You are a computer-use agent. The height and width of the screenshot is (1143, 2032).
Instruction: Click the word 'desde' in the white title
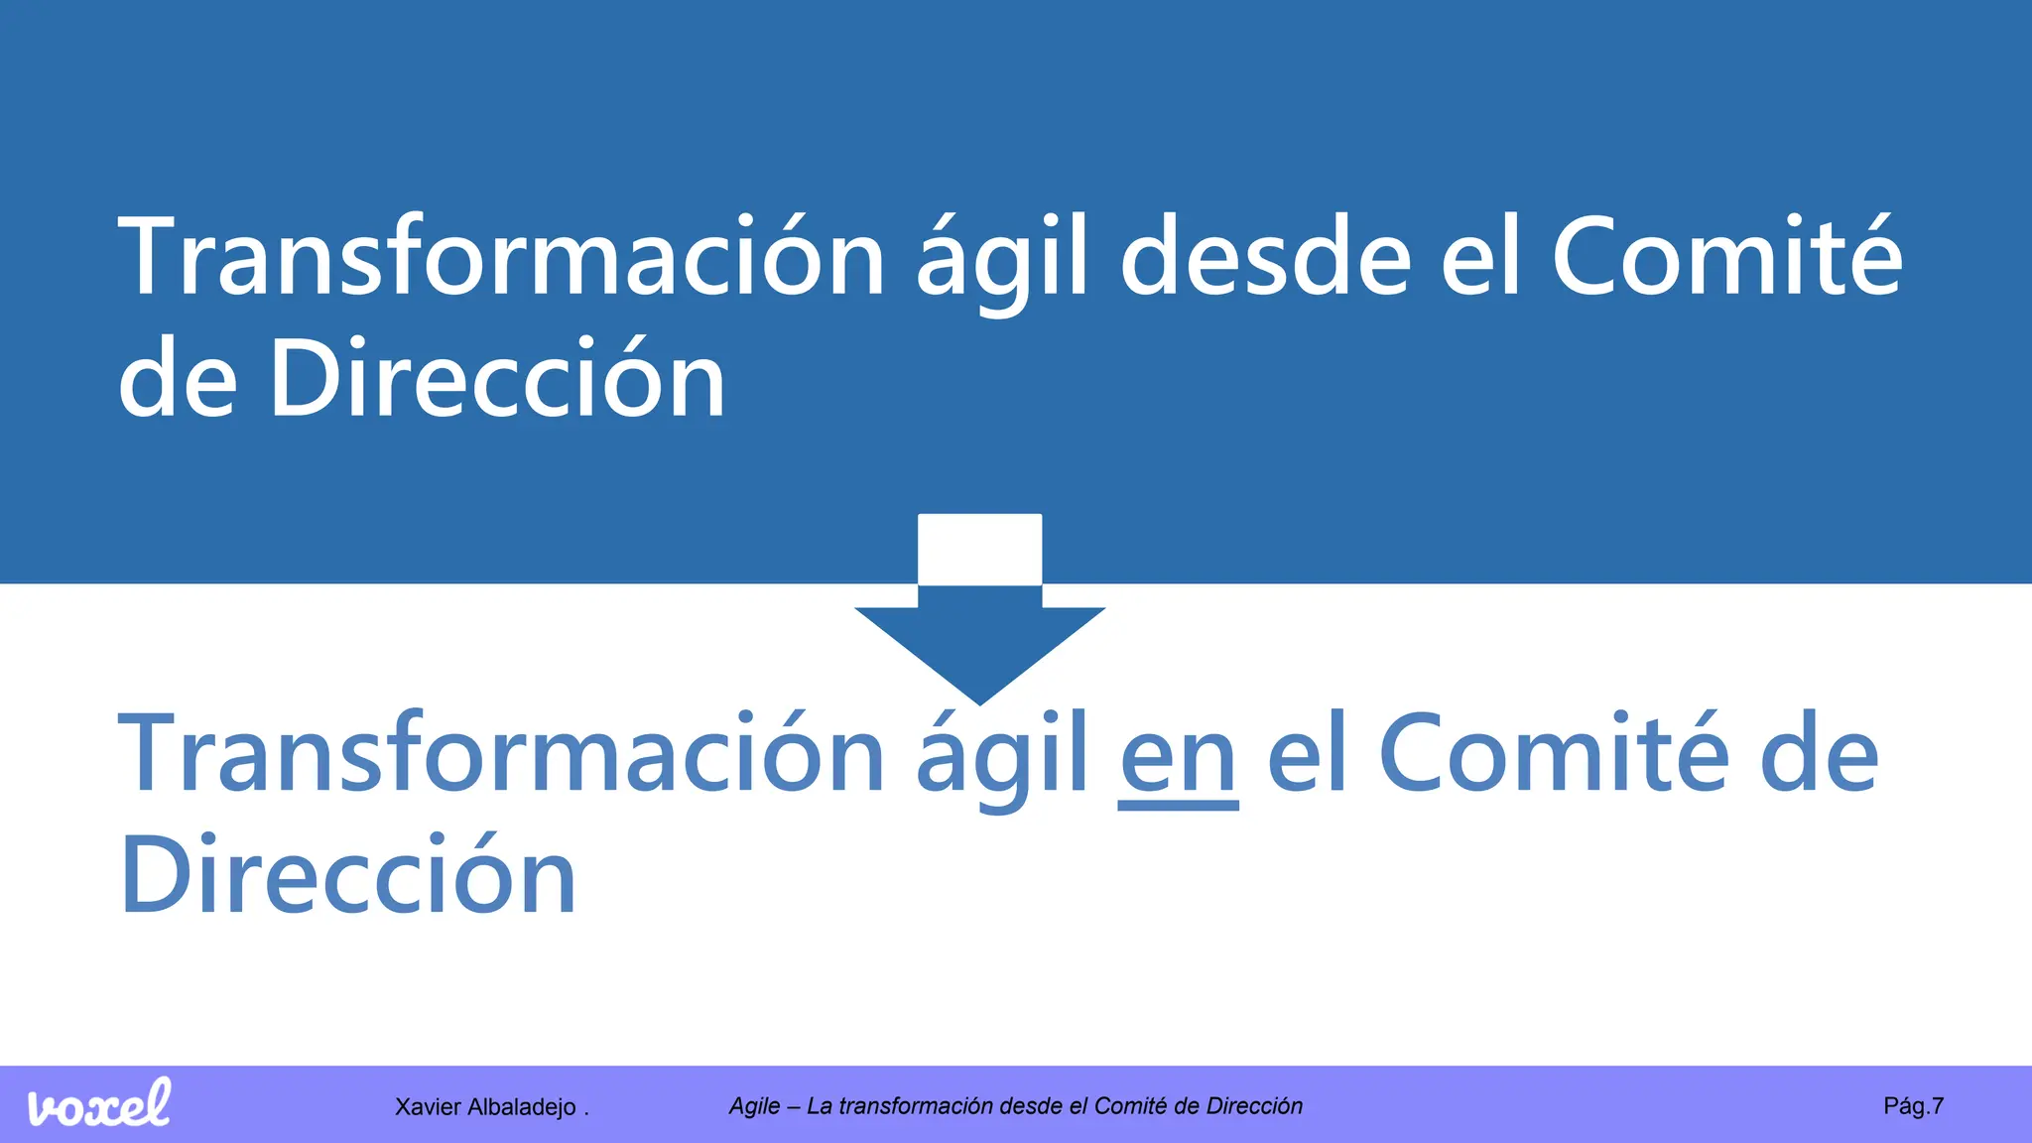click(1265, 258)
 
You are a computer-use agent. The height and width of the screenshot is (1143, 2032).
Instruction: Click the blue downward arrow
click(979, 635)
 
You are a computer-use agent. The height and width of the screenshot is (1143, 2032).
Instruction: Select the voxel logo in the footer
click(99, 1104)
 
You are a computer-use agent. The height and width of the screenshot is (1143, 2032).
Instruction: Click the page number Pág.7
click(1913, 1105)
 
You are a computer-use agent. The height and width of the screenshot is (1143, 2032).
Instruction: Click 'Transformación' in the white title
click(501, 258)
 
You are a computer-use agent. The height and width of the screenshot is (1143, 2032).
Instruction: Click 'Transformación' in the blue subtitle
click(501, 756)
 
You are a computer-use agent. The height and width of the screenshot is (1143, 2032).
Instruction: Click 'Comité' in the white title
click(1726, 258)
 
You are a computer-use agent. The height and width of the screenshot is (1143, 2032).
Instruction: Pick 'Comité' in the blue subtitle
click(1554, 756)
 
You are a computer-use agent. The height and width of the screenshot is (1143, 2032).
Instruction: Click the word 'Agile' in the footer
click(754, 1106)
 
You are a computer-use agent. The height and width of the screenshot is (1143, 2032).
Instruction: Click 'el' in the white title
click(1480, 258)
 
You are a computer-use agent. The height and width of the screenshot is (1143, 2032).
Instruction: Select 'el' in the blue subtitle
click(1307, 756)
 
